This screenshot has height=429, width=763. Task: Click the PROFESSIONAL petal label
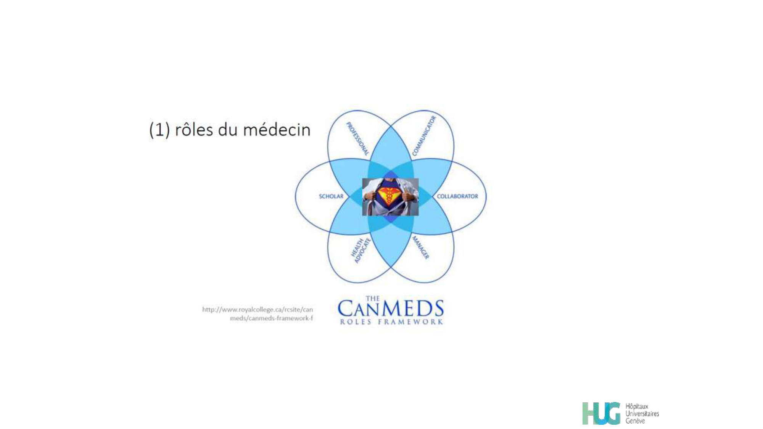point(357,139)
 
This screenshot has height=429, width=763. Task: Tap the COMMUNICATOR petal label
point(424,136)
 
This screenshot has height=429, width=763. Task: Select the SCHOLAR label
point(331,196)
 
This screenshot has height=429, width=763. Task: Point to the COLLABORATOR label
point(457,196)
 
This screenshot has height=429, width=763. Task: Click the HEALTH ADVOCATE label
point(361,251)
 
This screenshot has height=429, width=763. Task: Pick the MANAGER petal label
point(421,247)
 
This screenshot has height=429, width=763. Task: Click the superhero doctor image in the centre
point(390,197)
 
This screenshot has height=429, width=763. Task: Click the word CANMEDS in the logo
point(391,308)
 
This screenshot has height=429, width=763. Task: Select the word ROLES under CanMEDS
point(356,322)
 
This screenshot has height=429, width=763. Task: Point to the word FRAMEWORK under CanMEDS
point(410,322)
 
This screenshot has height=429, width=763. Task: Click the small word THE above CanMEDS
point(373,299)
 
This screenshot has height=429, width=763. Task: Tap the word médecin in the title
point(277,130)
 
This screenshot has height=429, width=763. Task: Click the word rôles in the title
point(194,130)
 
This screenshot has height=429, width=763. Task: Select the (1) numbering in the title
point(159,130)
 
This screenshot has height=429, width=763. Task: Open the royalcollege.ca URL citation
point(258,314)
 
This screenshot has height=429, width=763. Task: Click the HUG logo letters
point(602,413)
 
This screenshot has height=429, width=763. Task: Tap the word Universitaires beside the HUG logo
point(642,414)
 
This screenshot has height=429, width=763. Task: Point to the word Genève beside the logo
point(635,421)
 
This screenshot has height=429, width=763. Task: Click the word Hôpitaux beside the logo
point(637,407)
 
